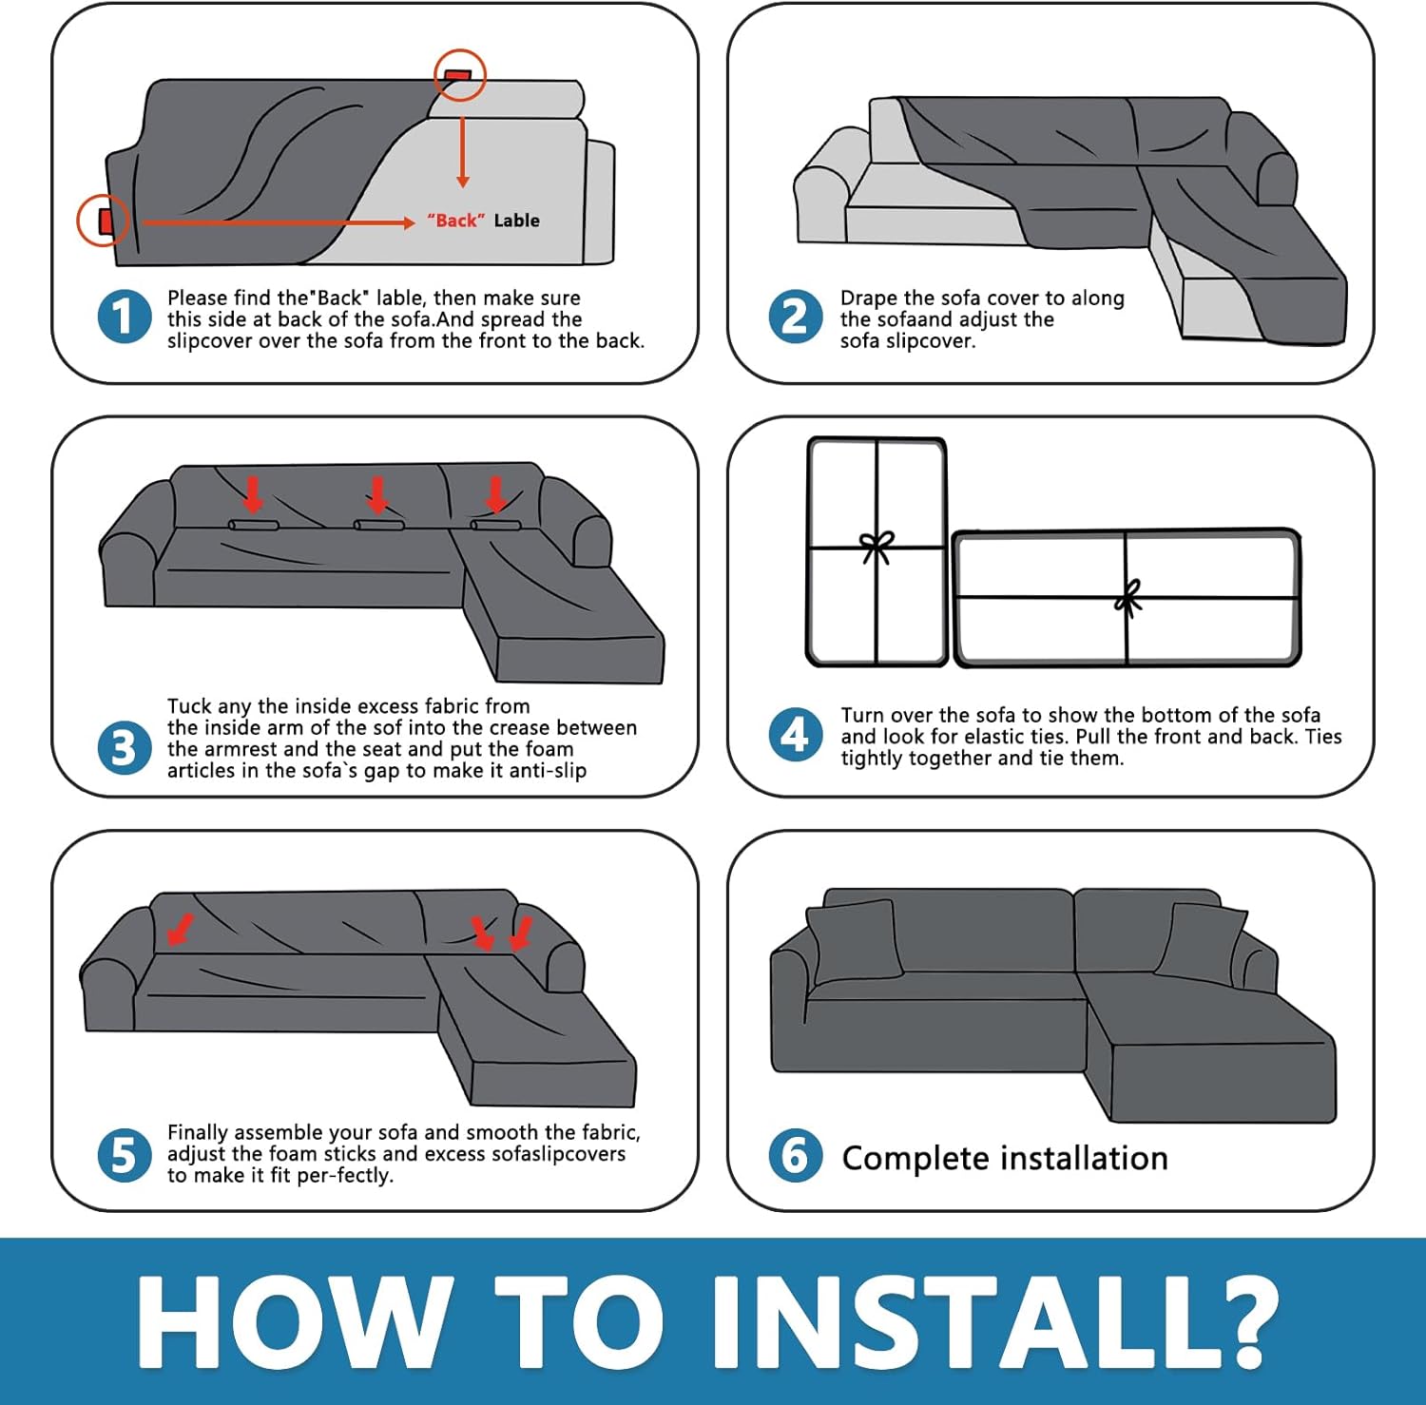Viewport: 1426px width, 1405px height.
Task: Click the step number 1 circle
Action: click(x=125, y=317)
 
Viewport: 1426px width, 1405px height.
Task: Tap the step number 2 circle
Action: click(x=796, y=317)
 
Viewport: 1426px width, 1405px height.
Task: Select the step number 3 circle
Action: click(x=125, y=747)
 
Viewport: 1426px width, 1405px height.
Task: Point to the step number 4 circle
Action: click(x=796, y=735)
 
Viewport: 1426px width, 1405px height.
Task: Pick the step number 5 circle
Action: click(x=125, y=1156)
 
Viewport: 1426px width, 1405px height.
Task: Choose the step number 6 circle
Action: click(x=796, y=1156)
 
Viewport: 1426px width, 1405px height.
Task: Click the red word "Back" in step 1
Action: click(x=456, y=221)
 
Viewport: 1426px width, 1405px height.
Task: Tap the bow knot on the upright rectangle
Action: click(x=877, y=548)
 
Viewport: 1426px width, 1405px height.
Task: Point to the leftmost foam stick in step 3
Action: click(x=254, y=526)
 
